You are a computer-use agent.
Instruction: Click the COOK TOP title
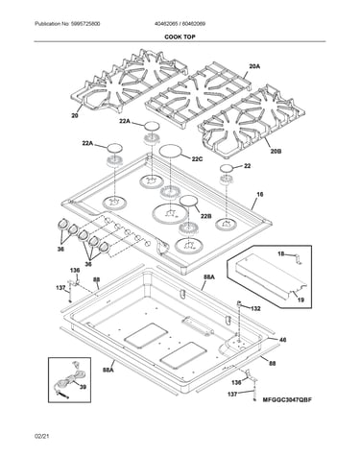[180, 36]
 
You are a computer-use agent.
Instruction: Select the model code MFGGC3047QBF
[287, 399]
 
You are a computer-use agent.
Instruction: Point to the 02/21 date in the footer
[43, 436]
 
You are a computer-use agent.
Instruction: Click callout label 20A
[254, 66]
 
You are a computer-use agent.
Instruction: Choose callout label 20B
[276, 151]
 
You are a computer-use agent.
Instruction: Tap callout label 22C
[197, 158]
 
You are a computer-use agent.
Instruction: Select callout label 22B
[206, 216]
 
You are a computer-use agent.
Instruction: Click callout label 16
[260, 194]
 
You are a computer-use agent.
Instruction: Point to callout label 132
[255, 308]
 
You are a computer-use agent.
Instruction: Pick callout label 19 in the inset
[300, 300]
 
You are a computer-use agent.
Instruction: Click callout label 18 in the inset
[281, 254]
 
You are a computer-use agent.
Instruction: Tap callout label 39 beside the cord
[83, 387]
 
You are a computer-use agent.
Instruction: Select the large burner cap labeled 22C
[171, 151]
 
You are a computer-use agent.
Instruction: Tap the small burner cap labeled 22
[227, 168]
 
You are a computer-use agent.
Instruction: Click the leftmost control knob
[62, 224]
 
